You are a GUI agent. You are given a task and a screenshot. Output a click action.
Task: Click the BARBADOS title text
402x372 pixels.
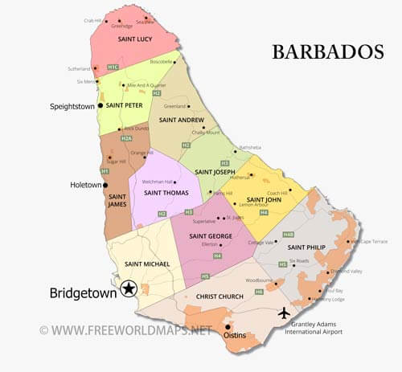(x=327, y=52)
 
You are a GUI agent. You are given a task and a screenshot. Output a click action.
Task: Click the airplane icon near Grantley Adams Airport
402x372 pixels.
(x=284, y=313)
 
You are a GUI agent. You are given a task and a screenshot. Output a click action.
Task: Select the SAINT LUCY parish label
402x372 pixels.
(x=136, y=39)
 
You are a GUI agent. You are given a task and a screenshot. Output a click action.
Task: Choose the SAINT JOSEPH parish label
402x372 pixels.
(x=215, y=171)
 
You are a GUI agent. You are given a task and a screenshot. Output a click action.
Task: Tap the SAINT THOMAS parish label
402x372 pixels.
(x=166, y=193)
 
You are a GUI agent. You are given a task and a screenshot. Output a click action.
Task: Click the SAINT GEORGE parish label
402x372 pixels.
(x=211, y=236)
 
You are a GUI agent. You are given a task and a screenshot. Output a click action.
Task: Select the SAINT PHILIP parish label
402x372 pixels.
(x=306, y=247)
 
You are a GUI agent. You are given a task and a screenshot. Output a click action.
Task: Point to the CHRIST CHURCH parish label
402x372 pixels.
(x=219, y=297)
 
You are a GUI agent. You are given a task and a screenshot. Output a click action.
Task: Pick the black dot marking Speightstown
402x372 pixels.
(x=100, y=105)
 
